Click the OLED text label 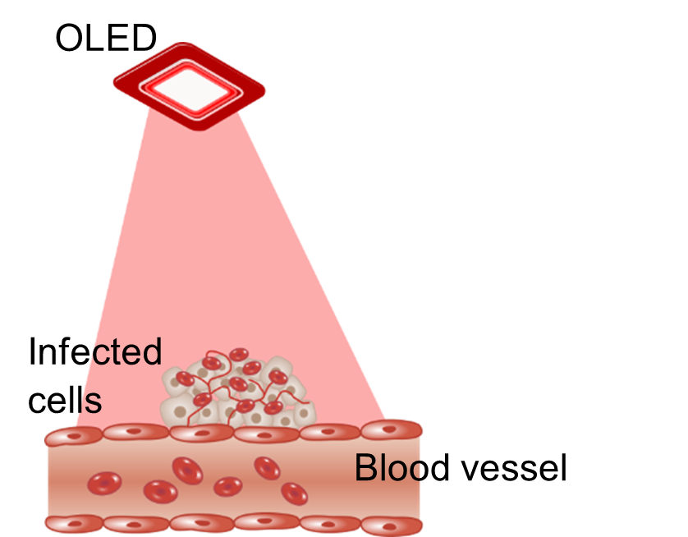click(106, 38)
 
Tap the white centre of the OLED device click(190, 89)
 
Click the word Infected click(95, 351)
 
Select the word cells click(65, 401)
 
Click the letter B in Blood click(365, 468)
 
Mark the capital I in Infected click(31, 351)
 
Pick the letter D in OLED click(144, 38)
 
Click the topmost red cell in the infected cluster click(239, 355)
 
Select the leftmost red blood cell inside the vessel click(104, 484)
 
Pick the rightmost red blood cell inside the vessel click(294, 494)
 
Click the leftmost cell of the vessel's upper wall click(74, 437)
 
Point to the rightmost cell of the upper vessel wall click(392, 430)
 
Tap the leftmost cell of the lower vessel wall click(74, 524)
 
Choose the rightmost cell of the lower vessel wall click(392, 526)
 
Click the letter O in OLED click(68, 38)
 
